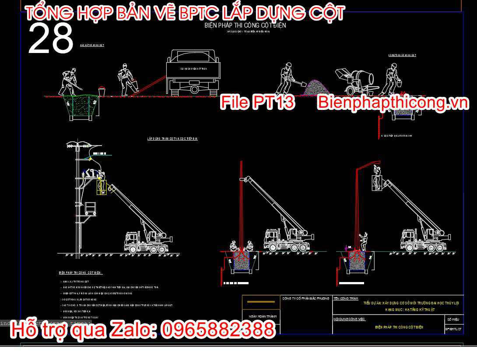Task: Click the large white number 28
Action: (x=50, y=39)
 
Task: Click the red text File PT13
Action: (x=257, y=102)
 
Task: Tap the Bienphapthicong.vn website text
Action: (x=393, y=103)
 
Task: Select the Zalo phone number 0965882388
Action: (x=218, y=330)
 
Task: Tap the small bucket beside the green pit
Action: (x=102, y=92)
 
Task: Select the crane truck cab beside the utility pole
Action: (x=133, y=240)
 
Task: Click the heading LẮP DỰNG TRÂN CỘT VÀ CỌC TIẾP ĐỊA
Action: (x=172, y=139)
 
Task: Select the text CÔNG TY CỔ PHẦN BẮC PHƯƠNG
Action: (x=305, y=298)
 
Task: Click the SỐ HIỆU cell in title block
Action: (x=452, y=319)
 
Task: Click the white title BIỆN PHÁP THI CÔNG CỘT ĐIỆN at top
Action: (x=245, y=25)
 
